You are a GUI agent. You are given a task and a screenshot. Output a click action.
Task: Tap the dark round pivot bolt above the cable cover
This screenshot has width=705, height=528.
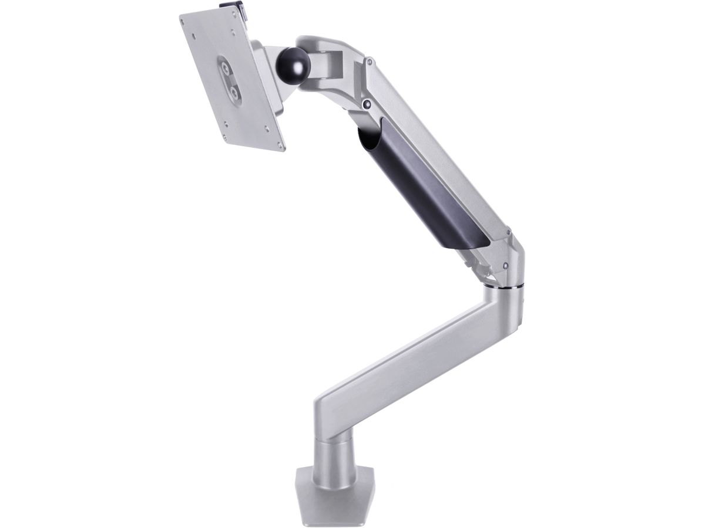tap(367, 104)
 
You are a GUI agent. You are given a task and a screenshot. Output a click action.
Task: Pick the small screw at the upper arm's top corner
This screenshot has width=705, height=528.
tap(370, 60)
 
